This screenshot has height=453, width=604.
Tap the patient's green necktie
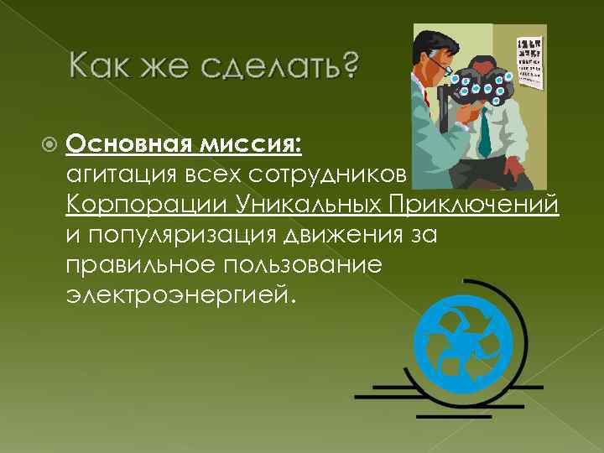tap(484, 134)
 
